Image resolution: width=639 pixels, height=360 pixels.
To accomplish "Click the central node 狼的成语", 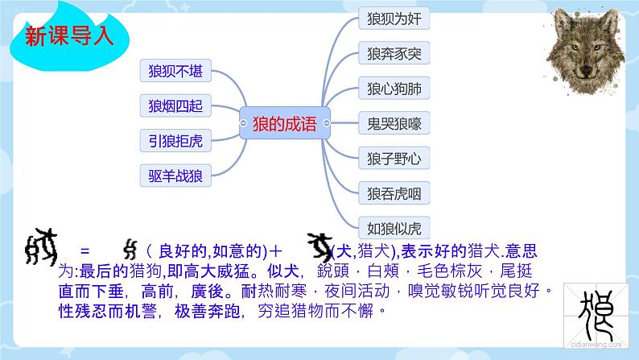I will pyautogui.click(x=285, y=122).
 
